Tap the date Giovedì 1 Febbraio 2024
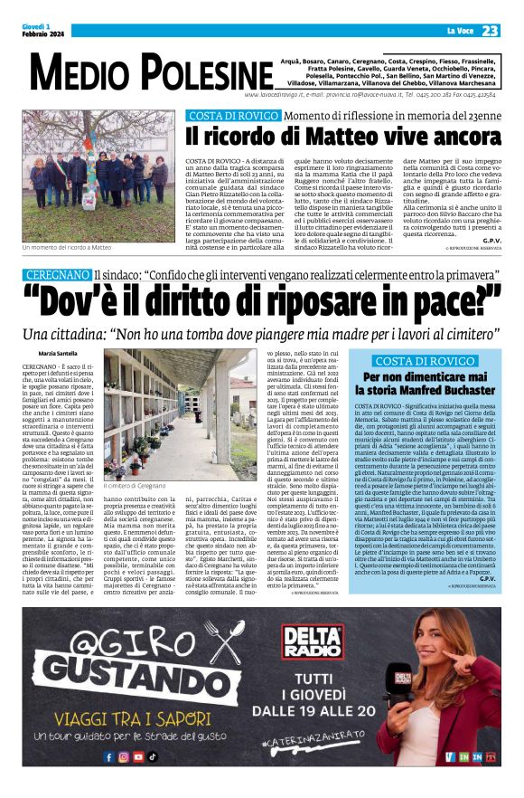point(41,31)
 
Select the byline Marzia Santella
point(60,351)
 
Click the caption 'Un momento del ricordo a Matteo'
point(68,246)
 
